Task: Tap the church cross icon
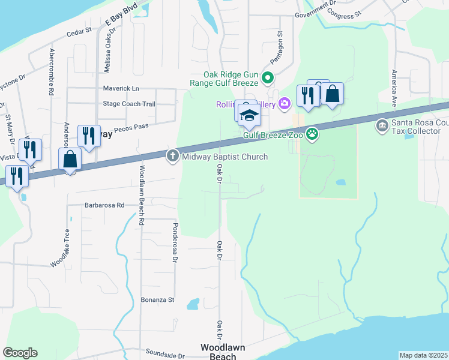(172, 157)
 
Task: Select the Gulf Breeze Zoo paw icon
(312, 134)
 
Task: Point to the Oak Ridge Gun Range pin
(269, 78)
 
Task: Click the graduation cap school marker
(249, 115)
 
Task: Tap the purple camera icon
(285, 104)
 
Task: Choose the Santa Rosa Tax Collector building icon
(382, 126)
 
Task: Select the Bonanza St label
(157, 299)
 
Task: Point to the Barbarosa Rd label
(104, 205)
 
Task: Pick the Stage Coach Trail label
(129, 104)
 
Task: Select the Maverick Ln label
(121, 88)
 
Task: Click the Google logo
(20, 353)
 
